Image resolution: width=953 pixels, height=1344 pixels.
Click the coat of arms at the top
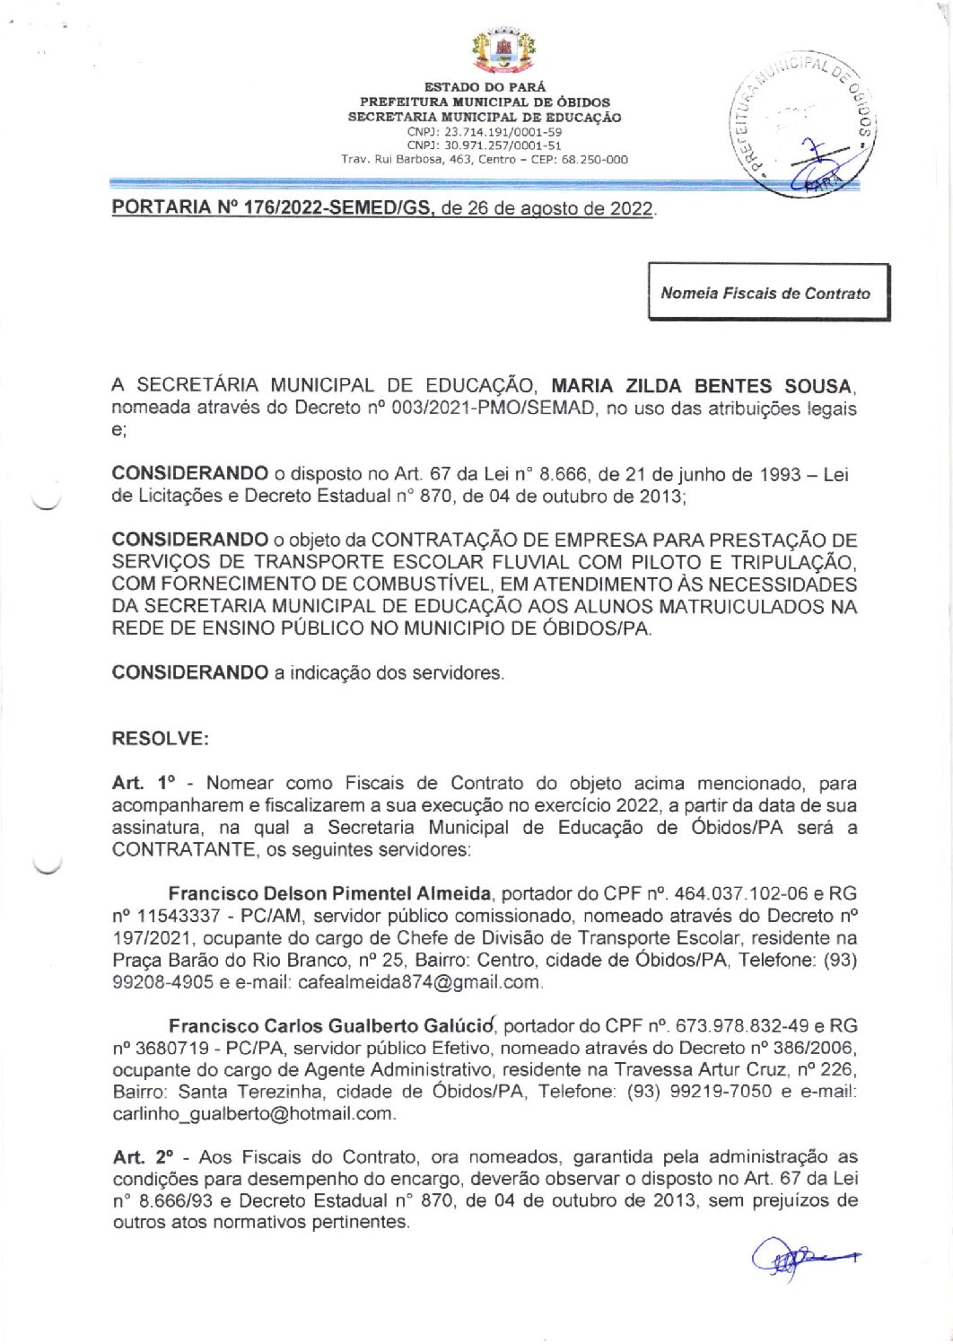[x=503, y=52]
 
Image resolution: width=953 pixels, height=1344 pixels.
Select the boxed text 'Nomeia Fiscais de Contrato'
[x=765, y=294]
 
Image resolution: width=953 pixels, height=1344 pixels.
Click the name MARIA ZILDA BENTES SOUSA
[x=702, y=386]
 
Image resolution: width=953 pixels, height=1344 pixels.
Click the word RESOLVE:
[x=161, y=739]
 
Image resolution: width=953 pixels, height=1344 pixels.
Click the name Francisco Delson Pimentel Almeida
[x=330, y=893]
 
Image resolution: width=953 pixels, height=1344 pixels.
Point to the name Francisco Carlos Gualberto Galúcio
[x=332, y=1025]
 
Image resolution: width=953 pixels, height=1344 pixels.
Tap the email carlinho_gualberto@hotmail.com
[x=253, y=1113]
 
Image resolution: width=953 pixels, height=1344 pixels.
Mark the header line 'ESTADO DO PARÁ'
[x=485, y=88]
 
